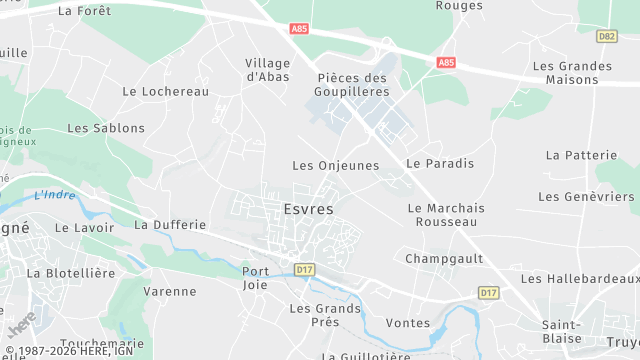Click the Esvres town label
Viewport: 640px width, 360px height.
pyautogui.click(x=308, y=209)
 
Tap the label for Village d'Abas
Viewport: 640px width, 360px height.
pyautogui.click(x=268, y=69)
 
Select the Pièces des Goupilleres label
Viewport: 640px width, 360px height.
pyautogui.click(x=352, y=84)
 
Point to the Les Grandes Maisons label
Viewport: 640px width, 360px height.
pyautogui.click(x=572, y=73)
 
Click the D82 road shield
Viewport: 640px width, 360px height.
pyautogui.click(x=606, y=36)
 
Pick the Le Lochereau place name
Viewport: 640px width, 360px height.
pyautogui.click(x=165, y=91)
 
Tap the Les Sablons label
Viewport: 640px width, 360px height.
pyautogui.click(x=106, y=128)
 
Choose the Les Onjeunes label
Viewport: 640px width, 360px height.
pyautogui.click(x=335, y=165)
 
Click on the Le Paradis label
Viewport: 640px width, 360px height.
pyautogui.click(x=440, y=163)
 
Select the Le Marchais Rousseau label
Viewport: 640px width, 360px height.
pyautogui.click(x=446, y=214)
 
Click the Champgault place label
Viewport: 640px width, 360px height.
pyautogui.click(x=444, y=258)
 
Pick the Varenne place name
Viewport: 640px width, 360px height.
pyautogui.click(x=170, y=291)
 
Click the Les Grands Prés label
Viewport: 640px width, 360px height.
pyautogui.click(x=325, y=315)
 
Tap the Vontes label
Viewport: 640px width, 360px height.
pyautogui.click(x=407, y=323)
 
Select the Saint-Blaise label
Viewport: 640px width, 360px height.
pyautogui.click(x=562, y=331)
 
